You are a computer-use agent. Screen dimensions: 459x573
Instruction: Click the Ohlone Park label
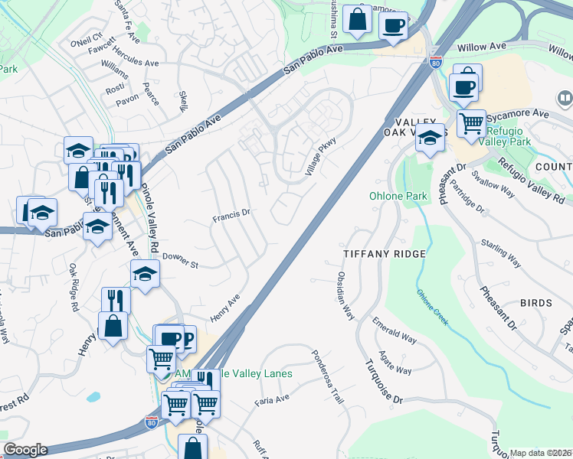click(x=398, y=197)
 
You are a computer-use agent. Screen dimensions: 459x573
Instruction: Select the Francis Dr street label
click(x=231, y=216)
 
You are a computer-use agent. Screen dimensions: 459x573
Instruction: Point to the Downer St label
click(x=181, y=261)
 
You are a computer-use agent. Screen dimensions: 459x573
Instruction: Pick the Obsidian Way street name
click(x=345, y=295)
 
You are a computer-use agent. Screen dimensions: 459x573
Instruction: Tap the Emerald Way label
click(x=395, y=333)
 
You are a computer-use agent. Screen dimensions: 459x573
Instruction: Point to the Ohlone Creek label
click(x=433, y=305)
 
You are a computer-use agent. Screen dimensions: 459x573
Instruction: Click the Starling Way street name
click(x=501, y=253)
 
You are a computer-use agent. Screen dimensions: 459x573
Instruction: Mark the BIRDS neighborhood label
click(x=535, y=303)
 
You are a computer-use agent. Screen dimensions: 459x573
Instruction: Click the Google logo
click(x=25, y=450)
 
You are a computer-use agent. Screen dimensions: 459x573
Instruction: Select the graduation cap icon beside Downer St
click(x=144, y=273)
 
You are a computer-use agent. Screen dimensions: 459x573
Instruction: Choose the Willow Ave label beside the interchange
click(x=483, y=47)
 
